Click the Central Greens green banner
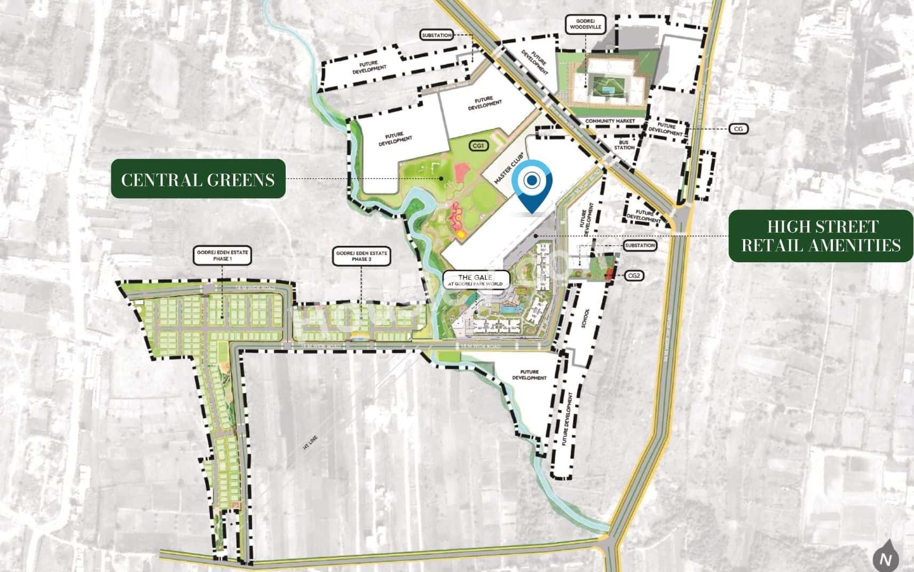[198, 179]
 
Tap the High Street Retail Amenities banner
[821, 236]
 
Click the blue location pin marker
[531, 184]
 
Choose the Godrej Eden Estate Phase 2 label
[361, 255]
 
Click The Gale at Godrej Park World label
[476, 280]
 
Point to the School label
[586, 318]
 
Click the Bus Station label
[624, 144]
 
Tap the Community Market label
[610, 121]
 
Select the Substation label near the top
[437, 35]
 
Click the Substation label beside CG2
[640, 245]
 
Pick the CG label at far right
[739, 129]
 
